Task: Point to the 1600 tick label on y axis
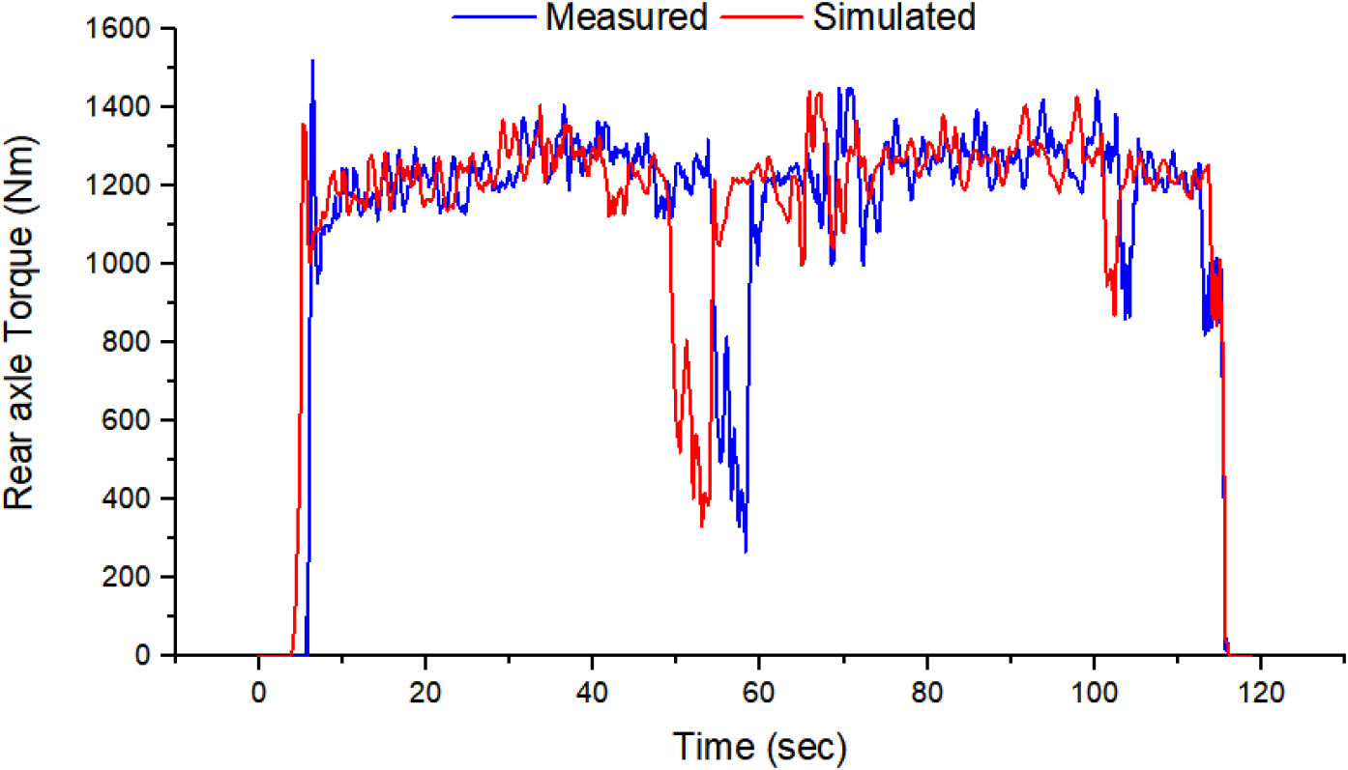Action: coord(125,29)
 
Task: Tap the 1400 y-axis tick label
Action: coord(125,107)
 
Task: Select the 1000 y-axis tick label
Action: coord(125,264)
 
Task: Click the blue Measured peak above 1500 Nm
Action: coord(312,61)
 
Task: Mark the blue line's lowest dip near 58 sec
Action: coord(746,552)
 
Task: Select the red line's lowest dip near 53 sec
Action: coord(702,526)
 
